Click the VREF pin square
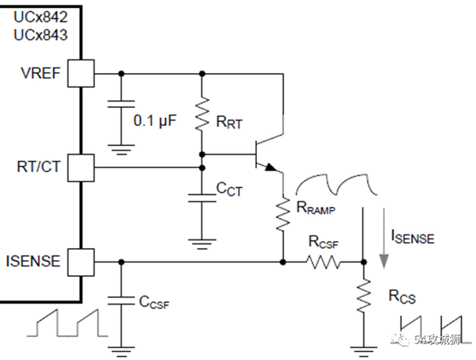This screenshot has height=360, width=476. pyautogui.click(x=81, y=74)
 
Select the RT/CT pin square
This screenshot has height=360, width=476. pyautogui.click(x=81, y=168)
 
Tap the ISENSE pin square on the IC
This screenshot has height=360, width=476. pyautogui.click(x=81, y=262)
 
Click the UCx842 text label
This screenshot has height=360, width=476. pyautogui.click(x=40, y=17)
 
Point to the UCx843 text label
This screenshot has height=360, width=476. pyautogui.click(x=40, y=35)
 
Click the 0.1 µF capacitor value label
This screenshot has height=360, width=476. pyautogui.click(x=155, y=121)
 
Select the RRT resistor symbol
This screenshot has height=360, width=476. pyautogui.click(x=202, y=114)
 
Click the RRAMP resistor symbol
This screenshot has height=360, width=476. pyautogui.click(x=283, y=214)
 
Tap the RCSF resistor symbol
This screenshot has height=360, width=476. pyautogui.click(x=324, y=262)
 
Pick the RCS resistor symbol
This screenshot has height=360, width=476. pyautogui.click(x=363, y=295)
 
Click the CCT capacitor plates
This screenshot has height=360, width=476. pyautogui.click(x=202, y=198)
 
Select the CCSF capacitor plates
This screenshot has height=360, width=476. pyautogui.click(x=121, y=301)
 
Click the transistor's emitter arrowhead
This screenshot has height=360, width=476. pyautogui.click(x=271, y=167)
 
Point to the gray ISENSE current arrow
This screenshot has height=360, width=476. pyautogui.click(x=384, y=238)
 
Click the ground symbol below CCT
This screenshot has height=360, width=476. pyautogui.click(x=202, y=244)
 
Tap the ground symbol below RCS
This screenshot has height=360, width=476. pyautogui.click(x=363, y=352)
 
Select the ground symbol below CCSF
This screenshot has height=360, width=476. pyautogui.click(x=121, y=352)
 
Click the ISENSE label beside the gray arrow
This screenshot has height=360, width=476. pyautogui.click(x=413, y=237)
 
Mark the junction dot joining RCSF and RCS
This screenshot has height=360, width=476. pyautogui.click(x=363, y=262)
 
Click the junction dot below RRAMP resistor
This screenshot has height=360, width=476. pyautogui.click(x=283, y=262)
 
